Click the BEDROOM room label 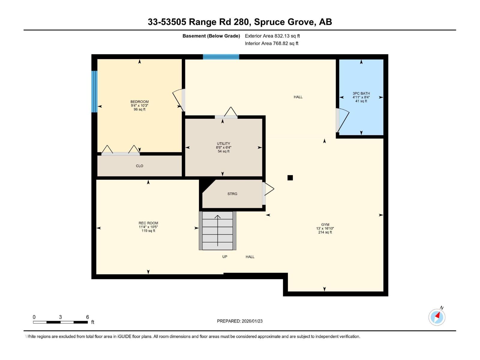[139, 102]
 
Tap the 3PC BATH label [361, 93]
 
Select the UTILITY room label [223, 143]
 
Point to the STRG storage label [232, 194]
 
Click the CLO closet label [139, 166]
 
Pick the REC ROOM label [148, 223]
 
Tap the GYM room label [325, 224]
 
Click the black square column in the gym [290, 178]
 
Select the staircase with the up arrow [217, 230]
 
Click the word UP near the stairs [225, 257]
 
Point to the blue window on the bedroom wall [94, 91]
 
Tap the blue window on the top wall [221, 57]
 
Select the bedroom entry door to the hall [179, 99]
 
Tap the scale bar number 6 [88, 317]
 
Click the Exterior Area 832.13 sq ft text [272, 36]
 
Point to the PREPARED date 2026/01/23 [240, 321]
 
